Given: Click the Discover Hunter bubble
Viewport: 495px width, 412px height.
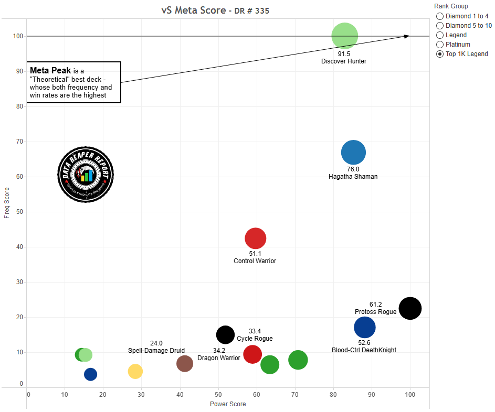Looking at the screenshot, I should [x=344, y=36].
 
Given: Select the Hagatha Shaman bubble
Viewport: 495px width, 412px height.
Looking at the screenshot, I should [x=353, y=153].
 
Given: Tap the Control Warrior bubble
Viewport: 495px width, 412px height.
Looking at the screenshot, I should [x=256, y=238].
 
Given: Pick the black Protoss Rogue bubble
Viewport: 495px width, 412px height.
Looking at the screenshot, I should [x=410, y=308].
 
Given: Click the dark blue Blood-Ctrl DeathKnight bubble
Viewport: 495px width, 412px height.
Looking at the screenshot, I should [x=365, y=328].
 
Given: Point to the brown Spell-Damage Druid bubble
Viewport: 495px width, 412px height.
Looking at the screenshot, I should [x=185, y=363].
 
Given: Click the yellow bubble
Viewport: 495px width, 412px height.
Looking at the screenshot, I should [x=135, y=371].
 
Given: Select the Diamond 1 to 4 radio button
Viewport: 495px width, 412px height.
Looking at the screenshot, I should [x=440, y=16].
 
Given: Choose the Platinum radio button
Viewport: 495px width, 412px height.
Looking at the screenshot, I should [x=440, y=45].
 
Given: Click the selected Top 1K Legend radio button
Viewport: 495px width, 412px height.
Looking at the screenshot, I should [x=440, y=54].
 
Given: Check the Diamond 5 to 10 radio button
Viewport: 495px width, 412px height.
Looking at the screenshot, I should [x=440, y=26].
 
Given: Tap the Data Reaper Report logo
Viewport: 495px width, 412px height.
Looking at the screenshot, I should [x=86, y=174].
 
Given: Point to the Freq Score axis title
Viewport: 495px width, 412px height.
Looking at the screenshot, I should [x=7, y=203].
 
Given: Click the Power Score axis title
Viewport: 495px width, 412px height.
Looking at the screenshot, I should [x=228, y=404].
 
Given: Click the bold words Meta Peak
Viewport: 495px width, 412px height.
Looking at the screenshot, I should [x=50, y=70].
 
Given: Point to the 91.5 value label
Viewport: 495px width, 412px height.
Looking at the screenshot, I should [x=344, y=53].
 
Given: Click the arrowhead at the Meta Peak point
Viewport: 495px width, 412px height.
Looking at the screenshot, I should [x=407, y=36].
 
